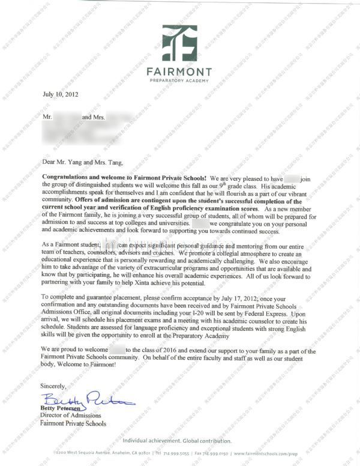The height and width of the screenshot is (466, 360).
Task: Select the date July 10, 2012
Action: point(60,94)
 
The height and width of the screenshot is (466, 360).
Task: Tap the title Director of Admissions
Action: point(70,416)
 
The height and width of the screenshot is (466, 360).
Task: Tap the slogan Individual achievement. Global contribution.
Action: point(179,440)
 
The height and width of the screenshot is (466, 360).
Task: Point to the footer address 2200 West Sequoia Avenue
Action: point(82,453)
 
